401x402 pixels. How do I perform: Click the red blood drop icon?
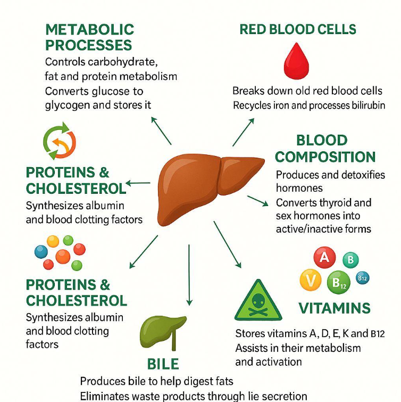pyautogui.click(x=296, y=61)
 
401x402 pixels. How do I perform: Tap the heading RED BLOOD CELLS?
pyautogui.click(x=298, y=29)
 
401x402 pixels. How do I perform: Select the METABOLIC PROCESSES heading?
pyautogui.click(x=90, y=37)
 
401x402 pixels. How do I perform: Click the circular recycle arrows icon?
pyautogui.click(x=60, y=141)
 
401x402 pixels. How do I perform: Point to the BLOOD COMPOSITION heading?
pyautogui.click(x=325, y=149)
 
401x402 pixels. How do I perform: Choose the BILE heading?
pyautogui.click(x=163, y=364)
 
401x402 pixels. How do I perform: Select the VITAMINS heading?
pyautogui.click(x=335, y=308)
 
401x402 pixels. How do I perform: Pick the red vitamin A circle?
pyautogui.click(x=324, y=257)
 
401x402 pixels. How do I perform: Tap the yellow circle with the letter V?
pyautogui.click(x=311, y=280)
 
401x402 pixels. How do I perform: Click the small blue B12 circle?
pyautogui.click(x=363, y=278)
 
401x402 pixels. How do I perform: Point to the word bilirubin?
pyautogui.click(x=369, y=105)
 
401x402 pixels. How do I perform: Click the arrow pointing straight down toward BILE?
pyautogui.click(x=189, y=275)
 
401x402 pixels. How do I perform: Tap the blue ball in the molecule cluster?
pyautogui.click(x=41, y=252)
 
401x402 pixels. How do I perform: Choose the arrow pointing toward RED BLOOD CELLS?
pyautogui.click(x=244, y=132)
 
